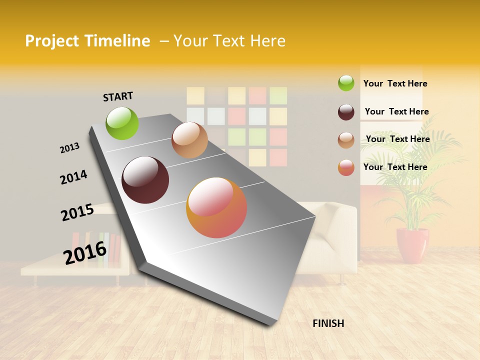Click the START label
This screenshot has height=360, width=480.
118,96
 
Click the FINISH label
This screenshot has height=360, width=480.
328,323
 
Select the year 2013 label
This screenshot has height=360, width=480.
69,148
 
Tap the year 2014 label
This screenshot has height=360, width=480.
73,177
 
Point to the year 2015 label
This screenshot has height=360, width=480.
77,212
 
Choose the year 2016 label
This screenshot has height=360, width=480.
85,253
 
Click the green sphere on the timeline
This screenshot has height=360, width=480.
122,123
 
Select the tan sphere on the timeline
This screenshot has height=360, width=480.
189,140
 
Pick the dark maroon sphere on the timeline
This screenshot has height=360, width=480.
145,180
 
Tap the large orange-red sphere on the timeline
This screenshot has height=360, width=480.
216,207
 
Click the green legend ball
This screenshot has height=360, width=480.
346,83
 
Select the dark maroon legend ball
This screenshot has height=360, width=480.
346,112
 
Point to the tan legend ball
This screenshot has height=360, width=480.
346,140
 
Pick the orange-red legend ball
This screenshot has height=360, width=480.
346,167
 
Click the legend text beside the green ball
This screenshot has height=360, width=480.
395,83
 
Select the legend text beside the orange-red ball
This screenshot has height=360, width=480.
395,167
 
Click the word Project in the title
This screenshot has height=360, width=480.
52,41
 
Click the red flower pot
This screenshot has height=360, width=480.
412,245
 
